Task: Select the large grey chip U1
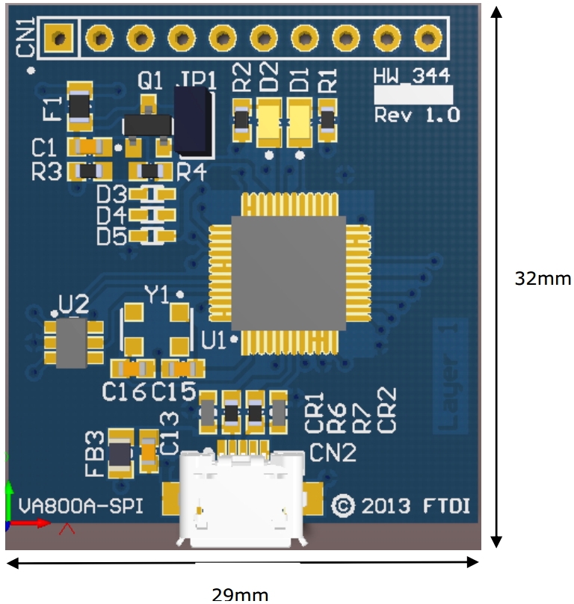pos(288,273)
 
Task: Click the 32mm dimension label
pos(543,279)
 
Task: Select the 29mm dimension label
pos(240,595)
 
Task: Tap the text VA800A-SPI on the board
pos(81,506)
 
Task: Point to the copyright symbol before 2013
pos(342,506)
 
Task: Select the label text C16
pos(124,391)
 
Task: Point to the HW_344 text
pos(414,75)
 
